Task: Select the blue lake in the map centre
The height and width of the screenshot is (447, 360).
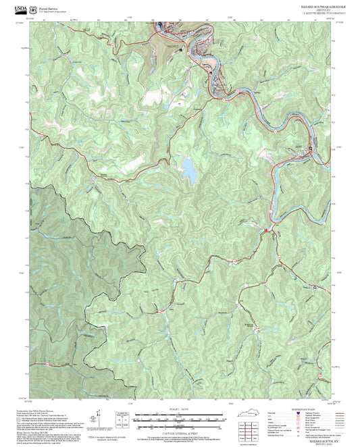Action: coord(188,172)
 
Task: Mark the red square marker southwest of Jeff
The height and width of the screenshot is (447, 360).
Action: coord(266,231)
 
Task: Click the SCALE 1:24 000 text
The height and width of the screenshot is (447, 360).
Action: coord(180,409)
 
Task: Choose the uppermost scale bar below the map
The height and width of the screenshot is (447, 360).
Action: coord(180,415)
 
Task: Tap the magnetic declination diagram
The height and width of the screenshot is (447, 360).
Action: coord(122,419)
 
